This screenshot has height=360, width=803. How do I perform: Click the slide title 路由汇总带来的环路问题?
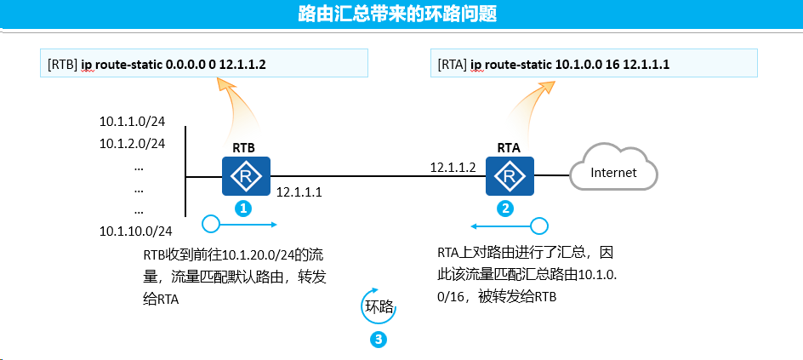click(x=397, y=14)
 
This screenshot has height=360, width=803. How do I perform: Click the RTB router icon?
click(x=246, y=176)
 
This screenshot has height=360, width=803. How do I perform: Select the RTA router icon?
click(x=510, y=176)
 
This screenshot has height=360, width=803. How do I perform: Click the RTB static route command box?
click(x=204, y=63)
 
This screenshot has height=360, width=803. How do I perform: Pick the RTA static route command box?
click(x=594, y=63)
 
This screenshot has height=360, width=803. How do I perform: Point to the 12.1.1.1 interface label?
click(x=299, y=192)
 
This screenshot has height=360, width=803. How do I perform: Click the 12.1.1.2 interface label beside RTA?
click(x=453, y=168)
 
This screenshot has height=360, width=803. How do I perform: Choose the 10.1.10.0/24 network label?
click(x=136, y=231)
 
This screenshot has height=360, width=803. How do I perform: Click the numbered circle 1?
click(x=244, y=208)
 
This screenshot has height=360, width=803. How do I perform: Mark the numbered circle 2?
click(x=505, y=208)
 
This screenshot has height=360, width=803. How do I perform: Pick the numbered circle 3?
click(x=378, y=339)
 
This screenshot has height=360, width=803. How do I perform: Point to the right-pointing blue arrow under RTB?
click(x=240, y=225)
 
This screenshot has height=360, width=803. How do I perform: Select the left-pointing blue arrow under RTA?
click(x=510, y=226)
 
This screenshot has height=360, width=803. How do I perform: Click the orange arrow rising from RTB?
click(x=241, y=107)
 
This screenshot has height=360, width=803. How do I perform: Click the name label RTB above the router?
click(x=244, y=148)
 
